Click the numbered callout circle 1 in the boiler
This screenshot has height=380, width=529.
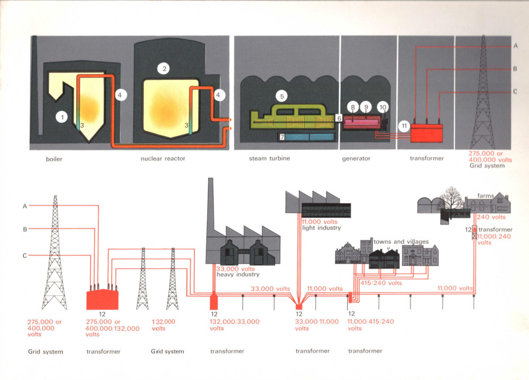62,116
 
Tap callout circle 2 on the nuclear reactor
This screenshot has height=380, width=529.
165,68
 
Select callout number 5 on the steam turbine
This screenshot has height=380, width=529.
282,96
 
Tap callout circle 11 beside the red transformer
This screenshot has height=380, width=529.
404,126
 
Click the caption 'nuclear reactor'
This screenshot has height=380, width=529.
163,158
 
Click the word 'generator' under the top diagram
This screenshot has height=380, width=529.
355,158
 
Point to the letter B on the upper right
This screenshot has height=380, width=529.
515,69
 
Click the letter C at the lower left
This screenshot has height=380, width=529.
24,256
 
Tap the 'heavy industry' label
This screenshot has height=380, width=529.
237,275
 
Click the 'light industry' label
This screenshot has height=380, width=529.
321,228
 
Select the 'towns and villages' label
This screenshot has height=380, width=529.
401,241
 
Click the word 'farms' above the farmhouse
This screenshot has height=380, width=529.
486,196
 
